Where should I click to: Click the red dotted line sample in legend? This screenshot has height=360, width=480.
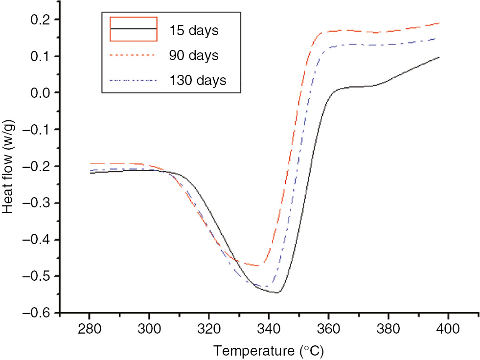(134, 55)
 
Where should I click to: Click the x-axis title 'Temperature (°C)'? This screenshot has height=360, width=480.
(268, 350)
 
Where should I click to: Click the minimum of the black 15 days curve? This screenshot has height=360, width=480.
(277, 292)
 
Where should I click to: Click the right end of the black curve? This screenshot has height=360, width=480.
(439, 57)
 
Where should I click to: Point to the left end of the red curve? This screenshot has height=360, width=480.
(90, 163)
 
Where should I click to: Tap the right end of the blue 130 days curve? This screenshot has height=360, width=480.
(435, 38)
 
